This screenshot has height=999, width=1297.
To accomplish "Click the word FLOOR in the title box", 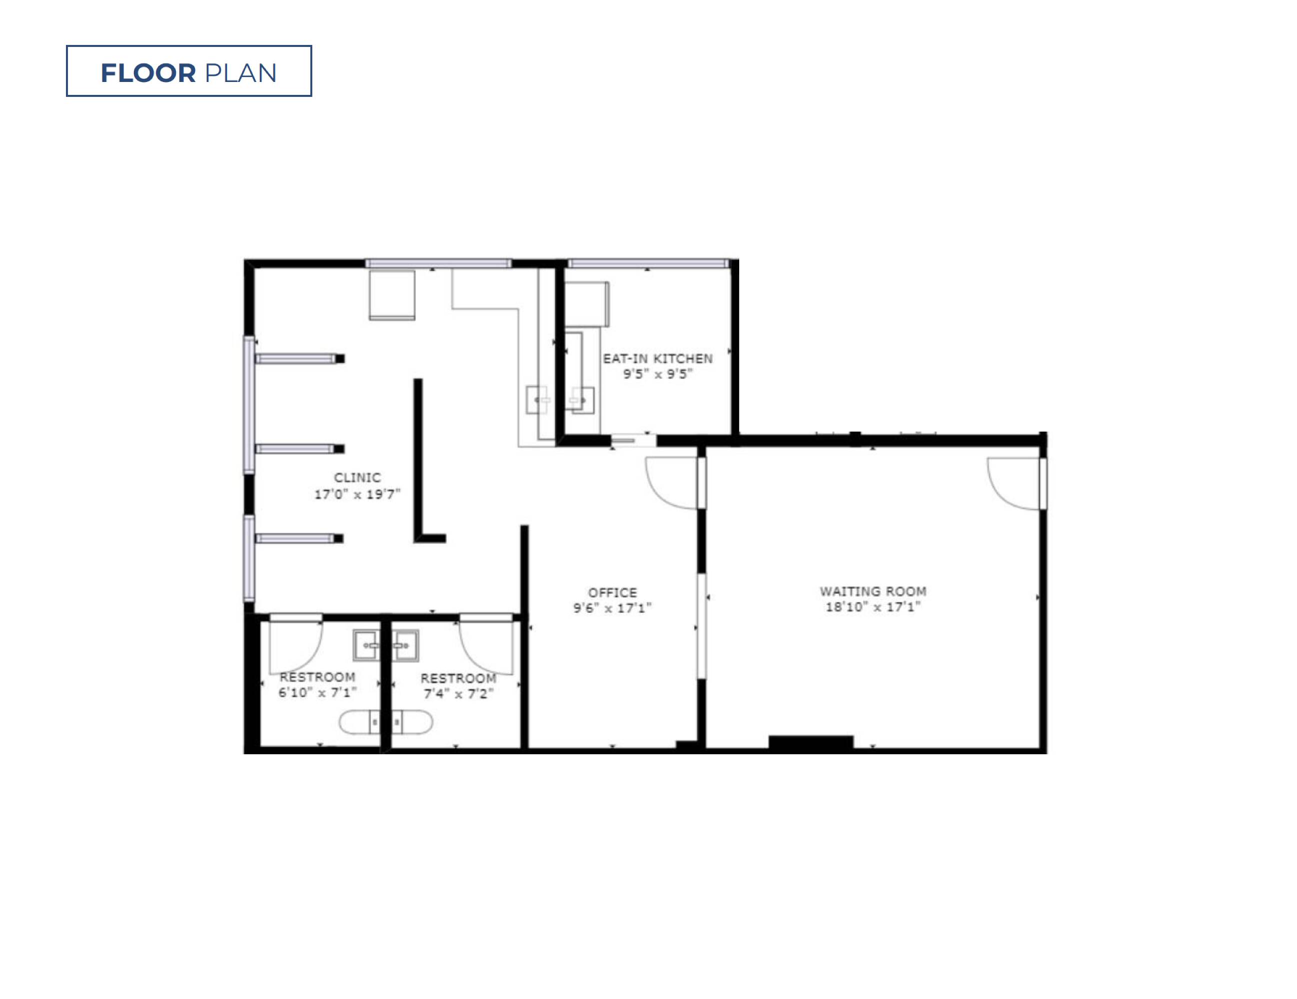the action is pos(148,73).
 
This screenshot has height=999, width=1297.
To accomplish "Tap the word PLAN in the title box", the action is pos(240,73).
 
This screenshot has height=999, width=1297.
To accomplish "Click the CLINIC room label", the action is pos(357,477).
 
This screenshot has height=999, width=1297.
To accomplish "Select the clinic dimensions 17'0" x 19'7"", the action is pos(357,494).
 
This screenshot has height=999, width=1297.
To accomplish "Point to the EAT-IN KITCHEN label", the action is pos(657,359).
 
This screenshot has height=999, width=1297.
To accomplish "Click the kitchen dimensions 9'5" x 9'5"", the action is pos(657,374).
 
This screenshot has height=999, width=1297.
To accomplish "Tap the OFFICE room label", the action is pos(612,592).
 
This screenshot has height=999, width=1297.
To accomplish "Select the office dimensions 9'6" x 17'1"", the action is pos(612,608).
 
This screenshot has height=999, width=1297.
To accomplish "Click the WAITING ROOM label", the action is pos(873,591).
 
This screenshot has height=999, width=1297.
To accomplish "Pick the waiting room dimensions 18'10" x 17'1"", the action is pos(873,606).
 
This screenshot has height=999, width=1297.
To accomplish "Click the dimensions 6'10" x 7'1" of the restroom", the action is pos(318,692).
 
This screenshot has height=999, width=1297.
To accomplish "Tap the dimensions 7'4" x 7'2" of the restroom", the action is pos(458,693).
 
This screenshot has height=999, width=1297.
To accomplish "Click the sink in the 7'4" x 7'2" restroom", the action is pos(404,645).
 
